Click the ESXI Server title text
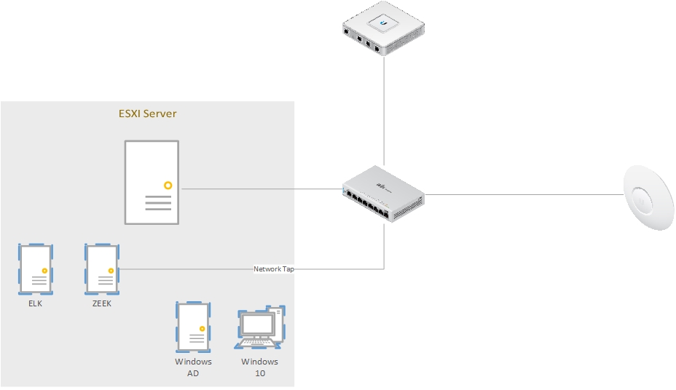tap(147, 114)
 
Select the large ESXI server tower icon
tap(151, 182)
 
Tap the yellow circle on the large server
tap(168, 186)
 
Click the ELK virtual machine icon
tap(35, 268)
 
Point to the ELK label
tap(35, 303)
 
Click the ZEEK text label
tap(101, 303)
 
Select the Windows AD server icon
tap(193, 327)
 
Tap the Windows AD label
tap(193, 367)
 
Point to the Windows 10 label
tap(260, 367)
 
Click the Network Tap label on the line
tap(274, 269)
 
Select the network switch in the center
tap(384, 193)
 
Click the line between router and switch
tap(384, 109)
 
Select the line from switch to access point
tap(524, 194)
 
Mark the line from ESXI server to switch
tap(262, 189)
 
